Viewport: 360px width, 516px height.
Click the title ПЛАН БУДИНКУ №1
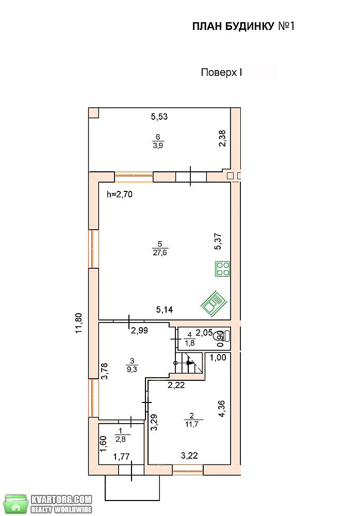point(243,26)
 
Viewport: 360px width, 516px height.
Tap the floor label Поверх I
point(221,72)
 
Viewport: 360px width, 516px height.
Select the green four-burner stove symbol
point(222,268)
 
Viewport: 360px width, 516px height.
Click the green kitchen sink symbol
point(214,303)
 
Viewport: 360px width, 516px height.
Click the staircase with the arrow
point(189,363)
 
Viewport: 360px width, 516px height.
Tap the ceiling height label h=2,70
point(120,195)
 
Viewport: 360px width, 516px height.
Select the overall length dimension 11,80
point(79,323)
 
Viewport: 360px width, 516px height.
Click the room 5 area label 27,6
point(160,253)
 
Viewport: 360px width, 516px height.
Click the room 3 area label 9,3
point(132,369)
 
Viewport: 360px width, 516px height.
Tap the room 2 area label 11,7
point(192,424)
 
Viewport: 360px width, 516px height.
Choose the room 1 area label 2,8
point(121,439)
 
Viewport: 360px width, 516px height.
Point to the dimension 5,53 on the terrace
point(159,117)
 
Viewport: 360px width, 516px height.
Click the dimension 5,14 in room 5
point(165,309)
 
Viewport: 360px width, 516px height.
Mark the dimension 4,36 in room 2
point(222,409)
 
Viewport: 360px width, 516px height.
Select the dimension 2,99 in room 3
point(140,331)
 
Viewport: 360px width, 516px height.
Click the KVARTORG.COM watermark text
point(61,499)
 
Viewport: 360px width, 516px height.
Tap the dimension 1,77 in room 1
point(121,457)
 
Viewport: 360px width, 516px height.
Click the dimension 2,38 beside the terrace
point(222,138)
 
